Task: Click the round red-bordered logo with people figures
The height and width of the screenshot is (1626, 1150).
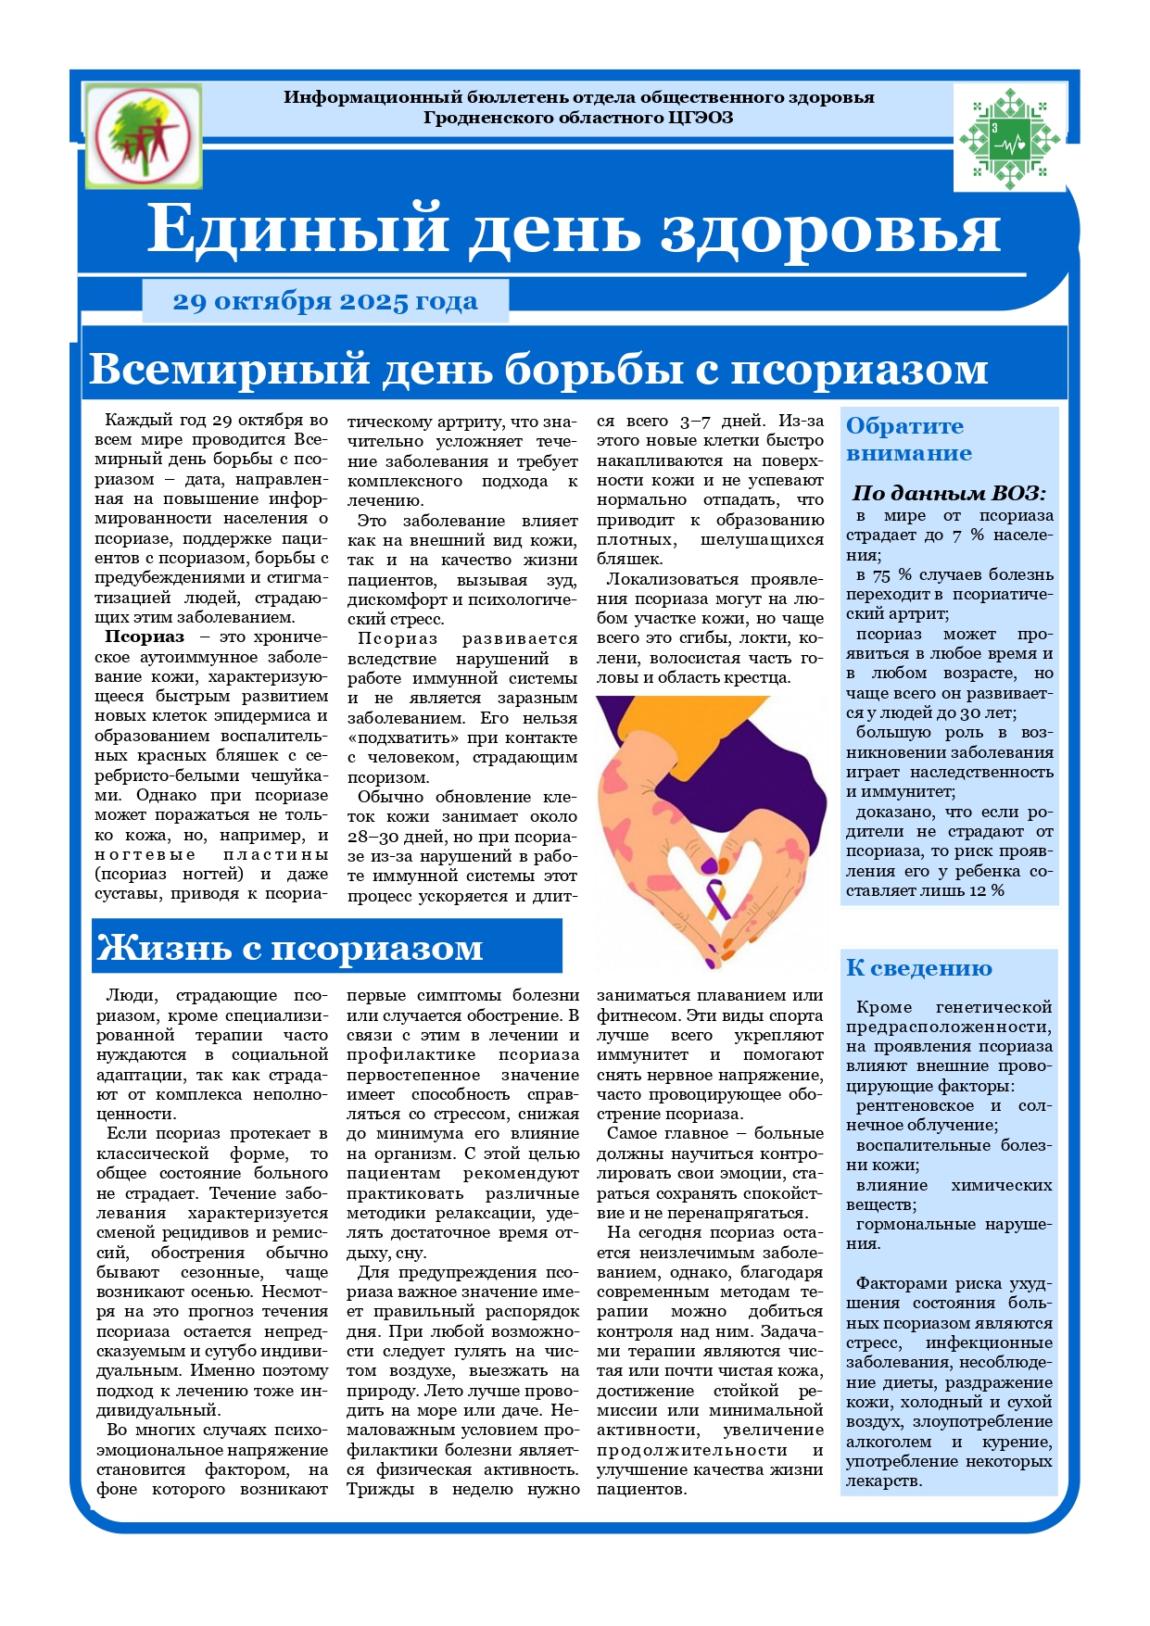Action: point(144,135)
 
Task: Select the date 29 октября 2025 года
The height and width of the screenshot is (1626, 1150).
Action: point(325,302)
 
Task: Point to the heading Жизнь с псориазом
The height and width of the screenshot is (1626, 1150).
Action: point(290,948)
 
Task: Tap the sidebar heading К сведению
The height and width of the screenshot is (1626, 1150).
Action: point(918,968)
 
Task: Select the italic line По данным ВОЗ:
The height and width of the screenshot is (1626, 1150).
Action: point(949,493)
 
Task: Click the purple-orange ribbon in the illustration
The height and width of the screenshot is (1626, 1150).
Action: point(717,898)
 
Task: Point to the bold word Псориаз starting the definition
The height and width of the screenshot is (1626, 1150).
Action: point(145,637)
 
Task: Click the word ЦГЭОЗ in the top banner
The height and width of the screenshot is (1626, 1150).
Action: point(700,118)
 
